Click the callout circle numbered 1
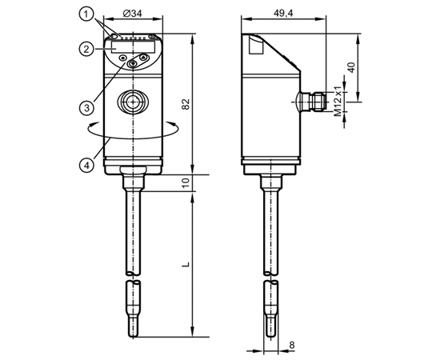(86, 14)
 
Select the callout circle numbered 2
(86, 49)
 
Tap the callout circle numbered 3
(86, 107)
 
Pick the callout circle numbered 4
(86, 165)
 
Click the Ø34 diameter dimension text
(133, 13)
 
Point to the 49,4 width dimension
(283, 13)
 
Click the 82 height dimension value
(186, 104)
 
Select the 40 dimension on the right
(351, 68)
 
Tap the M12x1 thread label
(338, 102)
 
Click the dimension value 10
(186, 182)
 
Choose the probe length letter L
(186, 264)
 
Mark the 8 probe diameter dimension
(292, 345)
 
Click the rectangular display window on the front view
(133, 46)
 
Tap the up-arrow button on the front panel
(143, 58)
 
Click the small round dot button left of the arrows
(122, 58)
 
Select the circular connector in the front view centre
(133, 102)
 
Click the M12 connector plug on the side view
(312, 102)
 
